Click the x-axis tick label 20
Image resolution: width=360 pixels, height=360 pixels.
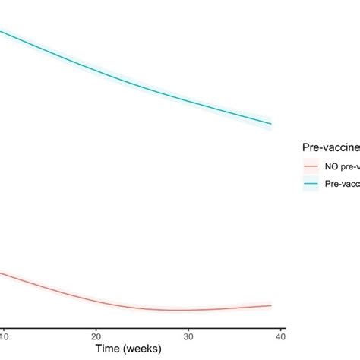(96, 335)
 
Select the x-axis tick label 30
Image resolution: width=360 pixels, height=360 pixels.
(188, 335)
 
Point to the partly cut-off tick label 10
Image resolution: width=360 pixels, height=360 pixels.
(3, 335)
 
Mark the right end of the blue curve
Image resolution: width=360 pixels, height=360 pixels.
(271, 124)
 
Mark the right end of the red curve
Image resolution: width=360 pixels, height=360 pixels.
(271, 305)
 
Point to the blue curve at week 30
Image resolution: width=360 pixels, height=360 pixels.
(188, 100)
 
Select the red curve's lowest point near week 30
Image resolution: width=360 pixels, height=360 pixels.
(178, 310)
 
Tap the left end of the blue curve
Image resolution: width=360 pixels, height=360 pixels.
(2, 30)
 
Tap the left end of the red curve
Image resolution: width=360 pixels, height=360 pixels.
(2, 273)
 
